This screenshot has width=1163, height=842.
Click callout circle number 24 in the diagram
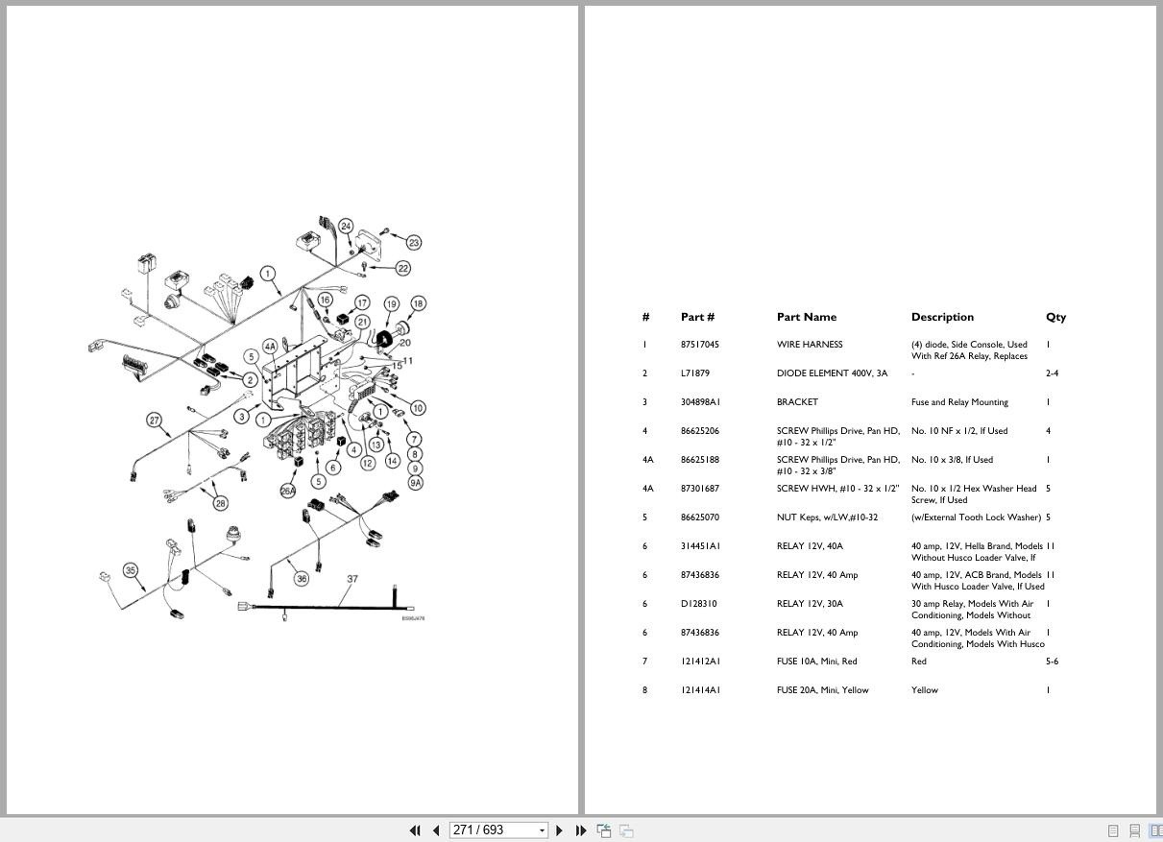[346, 227]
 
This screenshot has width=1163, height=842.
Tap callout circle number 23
[414, 243]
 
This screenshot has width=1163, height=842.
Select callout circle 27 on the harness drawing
[155, 420]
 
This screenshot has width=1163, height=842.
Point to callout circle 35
[131, 570]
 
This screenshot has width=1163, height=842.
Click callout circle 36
[302, 578]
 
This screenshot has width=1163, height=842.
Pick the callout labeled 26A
[288, 491]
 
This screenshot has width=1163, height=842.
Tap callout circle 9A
[415, 483]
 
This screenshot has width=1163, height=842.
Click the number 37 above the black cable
[352, 579]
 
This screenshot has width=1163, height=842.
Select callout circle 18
[419, 303]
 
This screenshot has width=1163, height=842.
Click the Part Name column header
[807, 317]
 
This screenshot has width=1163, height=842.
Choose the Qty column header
[1055, 317]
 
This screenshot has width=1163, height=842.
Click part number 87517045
[700, 345]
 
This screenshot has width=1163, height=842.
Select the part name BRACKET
[797, 402]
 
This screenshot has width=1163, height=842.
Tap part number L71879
[694, 373]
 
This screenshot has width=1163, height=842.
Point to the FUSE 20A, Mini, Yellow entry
[822, 690]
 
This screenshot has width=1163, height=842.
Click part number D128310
[698, 604]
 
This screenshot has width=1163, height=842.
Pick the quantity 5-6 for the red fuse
[1052, 662]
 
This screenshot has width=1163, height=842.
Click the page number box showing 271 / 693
[498, 830]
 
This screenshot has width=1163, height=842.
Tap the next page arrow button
[559, 830]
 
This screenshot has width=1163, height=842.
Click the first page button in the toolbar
[415, 830]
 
